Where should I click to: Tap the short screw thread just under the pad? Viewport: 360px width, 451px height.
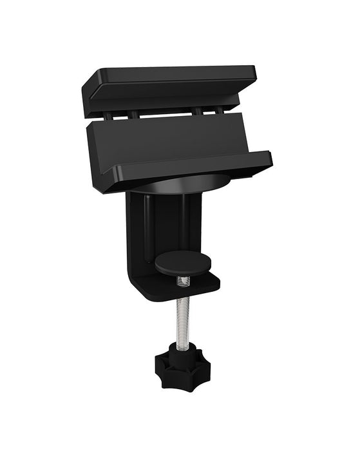pos(183,280)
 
